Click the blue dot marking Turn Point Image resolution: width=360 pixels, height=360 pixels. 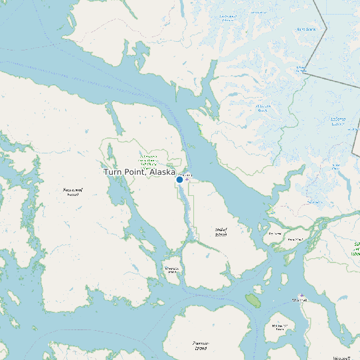click(x=179, y=179)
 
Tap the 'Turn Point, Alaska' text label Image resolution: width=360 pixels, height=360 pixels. click(x=139, y=172)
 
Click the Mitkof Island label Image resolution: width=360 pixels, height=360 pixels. click(x=221, y=232)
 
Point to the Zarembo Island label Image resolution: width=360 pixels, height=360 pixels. click(x=201, y=345)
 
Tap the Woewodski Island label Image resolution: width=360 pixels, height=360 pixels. click(x=172, y=270)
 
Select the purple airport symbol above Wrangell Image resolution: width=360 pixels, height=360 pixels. click(x=302, y=295)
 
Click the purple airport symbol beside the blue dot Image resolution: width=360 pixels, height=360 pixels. click(x=187, y=179)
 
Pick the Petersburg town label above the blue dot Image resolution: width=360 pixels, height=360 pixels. click(x=184, y=174)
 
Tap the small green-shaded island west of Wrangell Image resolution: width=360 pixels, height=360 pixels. click(x=253, y=300)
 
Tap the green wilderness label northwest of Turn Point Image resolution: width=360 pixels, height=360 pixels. click(x=147, y=160)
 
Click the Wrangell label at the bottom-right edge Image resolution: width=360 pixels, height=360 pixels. click(x=341, y=357)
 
